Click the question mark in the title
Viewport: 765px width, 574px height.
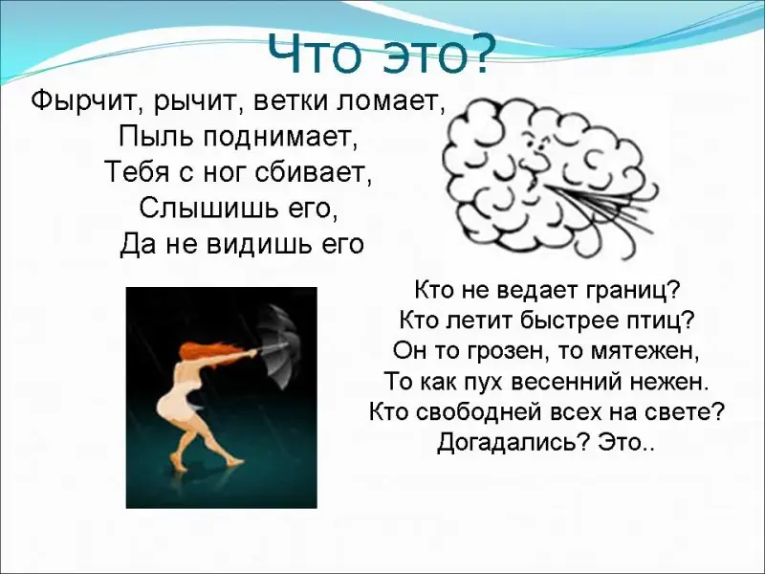tap(473, 53)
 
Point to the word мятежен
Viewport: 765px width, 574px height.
tap(645, 351)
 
